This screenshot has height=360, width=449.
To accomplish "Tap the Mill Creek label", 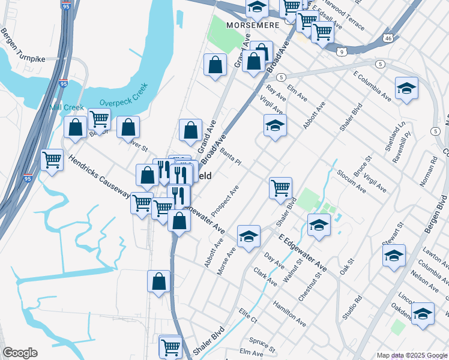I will point(67,107).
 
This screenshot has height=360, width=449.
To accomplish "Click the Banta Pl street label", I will point(231,157).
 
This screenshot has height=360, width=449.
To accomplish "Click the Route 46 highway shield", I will point(388,38).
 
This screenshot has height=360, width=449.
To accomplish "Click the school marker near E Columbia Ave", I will point(406,88).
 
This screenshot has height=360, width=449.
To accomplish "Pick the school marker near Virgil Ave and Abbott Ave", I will point(275,125).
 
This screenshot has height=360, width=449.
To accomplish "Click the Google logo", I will point(19,353).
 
